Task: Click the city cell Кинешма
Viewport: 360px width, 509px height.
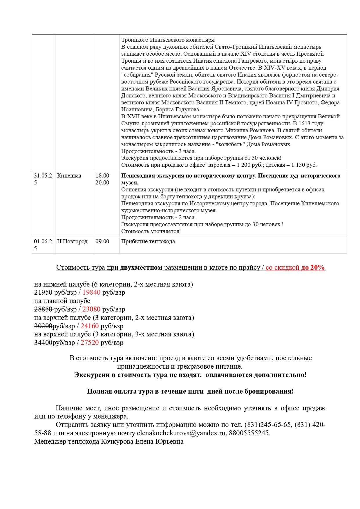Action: coord(69,175)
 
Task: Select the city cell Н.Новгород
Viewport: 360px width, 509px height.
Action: coord(72,241)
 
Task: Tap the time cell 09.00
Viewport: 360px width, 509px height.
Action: coord(102,241)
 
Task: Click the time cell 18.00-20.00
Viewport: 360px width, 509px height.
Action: coord(103,179)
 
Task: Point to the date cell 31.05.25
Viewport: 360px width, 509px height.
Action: coord(43,179)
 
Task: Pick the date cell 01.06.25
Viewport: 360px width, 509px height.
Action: coord(43,245)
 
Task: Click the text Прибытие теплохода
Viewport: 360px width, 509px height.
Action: coord(149,241)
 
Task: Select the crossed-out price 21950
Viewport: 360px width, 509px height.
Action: coord(43,292)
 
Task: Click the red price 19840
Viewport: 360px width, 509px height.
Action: coord(91,292)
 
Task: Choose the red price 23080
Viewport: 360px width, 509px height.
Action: coord(91,309)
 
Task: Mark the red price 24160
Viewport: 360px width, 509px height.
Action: coord(90,326)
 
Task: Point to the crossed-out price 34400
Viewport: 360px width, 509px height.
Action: coord(43,343)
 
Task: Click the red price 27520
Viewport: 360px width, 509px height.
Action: coord(90,343)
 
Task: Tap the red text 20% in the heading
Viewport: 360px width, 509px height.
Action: coord(317,267)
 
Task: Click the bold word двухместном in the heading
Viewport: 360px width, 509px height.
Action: coord(141,267)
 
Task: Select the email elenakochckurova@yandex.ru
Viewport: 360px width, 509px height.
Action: coord(181,433)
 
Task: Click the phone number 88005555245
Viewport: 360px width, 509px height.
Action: coord(249,433)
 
